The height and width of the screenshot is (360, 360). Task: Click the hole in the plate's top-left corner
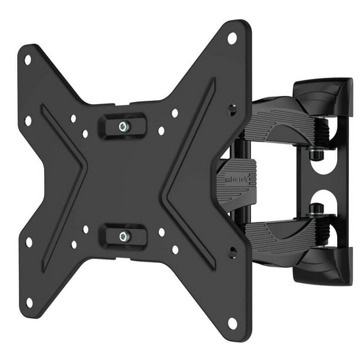click(27, 59)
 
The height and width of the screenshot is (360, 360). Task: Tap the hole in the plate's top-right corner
click(232, 38)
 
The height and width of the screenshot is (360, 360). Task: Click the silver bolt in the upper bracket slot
click(123, 126)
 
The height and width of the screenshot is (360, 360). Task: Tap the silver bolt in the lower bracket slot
click(123, 236)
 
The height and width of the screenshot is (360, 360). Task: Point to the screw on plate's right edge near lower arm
click(234, 253)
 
